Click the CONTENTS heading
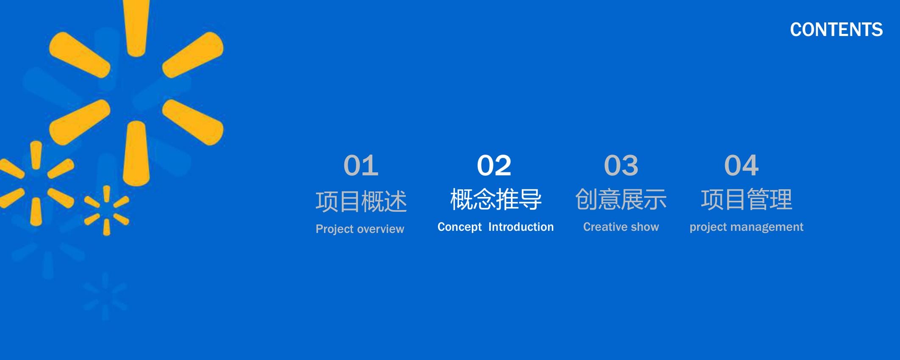(836, 30)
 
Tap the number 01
(361, 165)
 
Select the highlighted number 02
(494, 165)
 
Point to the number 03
(621, 165)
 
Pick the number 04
(741, 165)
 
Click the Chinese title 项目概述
(361, 202)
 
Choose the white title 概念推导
(496, 199)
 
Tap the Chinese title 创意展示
(621, 199)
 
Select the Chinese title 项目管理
(746, 199)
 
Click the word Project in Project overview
(335, 229)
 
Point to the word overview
(380, 229)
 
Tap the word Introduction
(521, 227)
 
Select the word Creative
(605, 227)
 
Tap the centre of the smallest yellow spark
(106, 210)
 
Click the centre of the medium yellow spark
(36, 183)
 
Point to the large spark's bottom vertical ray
(136, 153)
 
